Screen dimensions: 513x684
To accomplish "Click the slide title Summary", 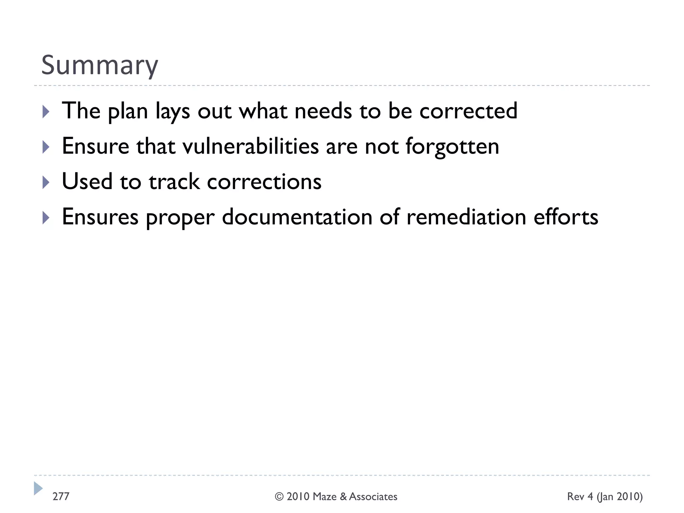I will [x=99, y=65].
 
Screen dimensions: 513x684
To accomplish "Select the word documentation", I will [x=297, y=217].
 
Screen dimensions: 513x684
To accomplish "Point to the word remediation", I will [x=466, y=217].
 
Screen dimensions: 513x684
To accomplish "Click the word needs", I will [x=323, y=111].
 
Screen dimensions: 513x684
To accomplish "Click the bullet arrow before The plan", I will [x=46, y=112].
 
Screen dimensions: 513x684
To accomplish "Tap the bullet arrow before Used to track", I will [x=46, y=182].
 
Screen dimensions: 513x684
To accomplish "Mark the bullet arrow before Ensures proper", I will [x=46, y=218].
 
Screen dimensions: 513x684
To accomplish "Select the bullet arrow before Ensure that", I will [x=46, y=147].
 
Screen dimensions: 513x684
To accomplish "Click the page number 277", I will [x=61, y=496].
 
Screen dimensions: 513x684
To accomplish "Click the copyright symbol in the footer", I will [x=279, y=497].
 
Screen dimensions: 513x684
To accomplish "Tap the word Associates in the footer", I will [x=373, y=497].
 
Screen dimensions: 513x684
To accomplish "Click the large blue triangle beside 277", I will [x=38, y=488].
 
